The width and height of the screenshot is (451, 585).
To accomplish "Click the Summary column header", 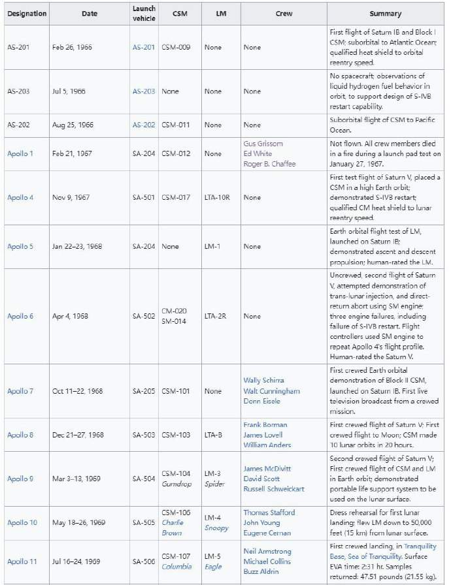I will (x=385, y=14).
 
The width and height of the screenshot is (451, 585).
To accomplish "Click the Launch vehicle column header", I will (x=144, y=14).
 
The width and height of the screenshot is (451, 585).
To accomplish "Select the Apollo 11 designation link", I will (x=20, y=561).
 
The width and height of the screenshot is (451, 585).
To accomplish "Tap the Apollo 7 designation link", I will (x=20, y=391).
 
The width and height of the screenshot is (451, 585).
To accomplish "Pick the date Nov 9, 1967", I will (x=71, y=197).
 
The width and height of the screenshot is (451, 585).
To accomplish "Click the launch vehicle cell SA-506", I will (x=144, y=561).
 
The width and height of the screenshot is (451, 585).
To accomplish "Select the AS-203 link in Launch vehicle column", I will (x=144, y=91).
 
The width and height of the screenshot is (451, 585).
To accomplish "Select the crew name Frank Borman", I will (x=265, y=424).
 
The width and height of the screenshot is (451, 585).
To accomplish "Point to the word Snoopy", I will (x=216, y=528).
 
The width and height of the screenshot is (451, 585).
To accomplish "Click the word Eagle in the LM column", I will (x=213, y=567).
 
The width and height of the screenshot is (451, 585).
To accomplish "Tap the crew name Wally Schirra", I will (x=263, y=380).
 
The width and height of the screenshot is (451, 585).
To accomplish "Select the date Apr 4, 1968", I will (x=70, y=316).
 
